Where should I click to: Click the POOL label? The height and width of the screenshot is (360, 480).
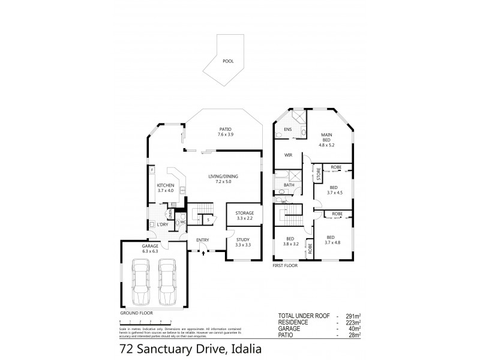click(228, 61)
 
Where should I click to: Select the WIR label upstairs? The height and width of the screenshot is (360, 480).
click(288, 155)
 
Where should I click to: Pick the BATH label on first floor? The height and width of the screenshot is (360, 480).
click(288, 185)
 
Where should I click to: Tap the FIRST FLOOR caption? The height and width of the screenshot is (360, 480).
click(285, 265)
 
